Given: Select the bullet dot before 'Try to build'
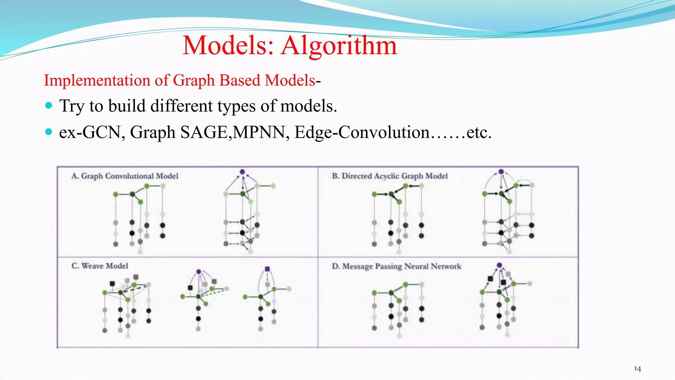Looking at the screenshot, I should click(49, 106).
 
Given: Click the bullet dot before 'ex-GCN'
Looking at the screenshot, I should click(49, 132).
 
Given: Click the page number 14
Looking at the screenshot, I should click(637, 369).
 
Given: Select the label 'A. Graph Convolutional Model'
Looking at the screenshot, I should click(125, 176).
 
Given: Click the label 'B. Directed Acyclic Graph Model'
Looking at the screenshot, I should click(390, 176).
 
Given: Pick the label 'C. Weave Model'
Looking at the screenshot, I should click(100, 266).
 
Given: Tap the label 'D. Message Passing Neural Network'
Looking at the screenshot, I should click(396, 266).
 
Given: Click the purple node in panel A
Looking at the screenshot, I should click(242, 172).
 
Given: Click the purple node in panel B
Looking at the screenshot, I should click(501, 172).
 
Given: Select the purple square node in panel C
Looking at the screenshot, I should click(267, 269).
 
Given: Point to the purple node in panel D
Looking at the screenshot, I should click(499, 265).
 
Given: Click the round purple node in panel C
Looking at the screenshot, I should click(198, 272).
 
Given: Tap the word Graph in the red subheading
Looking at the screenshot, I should click(194, 80).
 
